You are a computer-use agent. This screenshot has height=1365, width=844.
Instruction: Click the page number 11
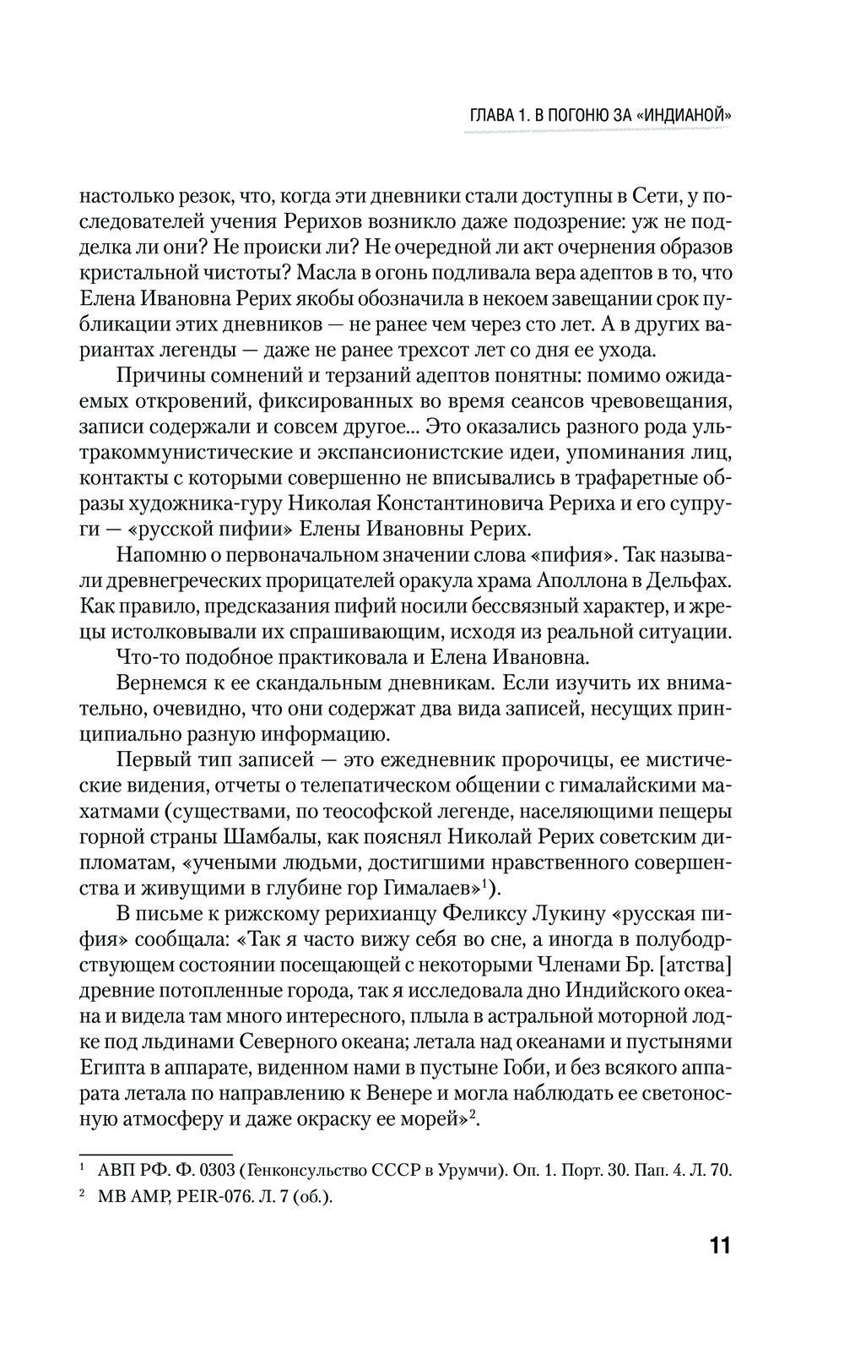pos(717,1247)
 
